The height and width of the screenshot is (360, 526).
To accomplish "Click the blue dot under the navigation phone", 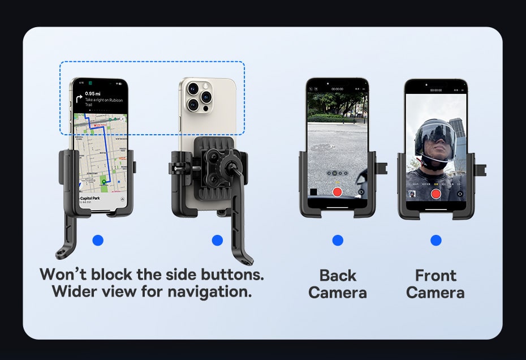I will pyautogui.click(x=98, y=241).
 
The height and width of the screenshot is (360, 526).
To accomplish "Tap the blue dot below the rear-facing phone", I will pyautogui.click(x=217, y=241).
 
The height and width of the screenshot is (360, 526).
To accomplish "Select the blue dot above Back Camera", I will pyautogui.click(x=338, y=241).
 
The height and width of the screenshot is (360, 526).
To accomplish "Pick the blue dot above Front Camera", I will pyautogui.click(x=436, y=241).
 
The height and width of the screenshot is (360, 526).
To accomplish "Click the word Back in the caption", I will pyautogui.click(x=338, y=276).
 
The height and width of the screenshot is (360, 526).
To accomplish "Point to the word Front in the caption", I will pyautogui.click(x=436, y=276).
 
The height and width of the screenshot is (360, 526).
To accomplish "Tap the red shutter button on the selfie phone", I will pyautogui.click(x=436, y=194).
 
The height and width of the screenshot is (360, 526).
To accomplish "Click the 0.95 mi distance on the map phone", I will pyautogui.click(x=93, y=93).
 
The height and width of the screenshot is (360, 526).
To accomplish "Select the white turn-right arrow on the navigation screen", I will pyautogui.click(x=79, y=98).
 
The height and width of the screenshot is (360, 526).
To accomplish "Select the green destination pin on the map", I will pyautogui.click(x=104, y=182).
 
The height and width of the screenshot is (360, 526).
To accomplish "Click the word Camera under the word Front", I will pyautogui.click(x=436, y=293).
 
